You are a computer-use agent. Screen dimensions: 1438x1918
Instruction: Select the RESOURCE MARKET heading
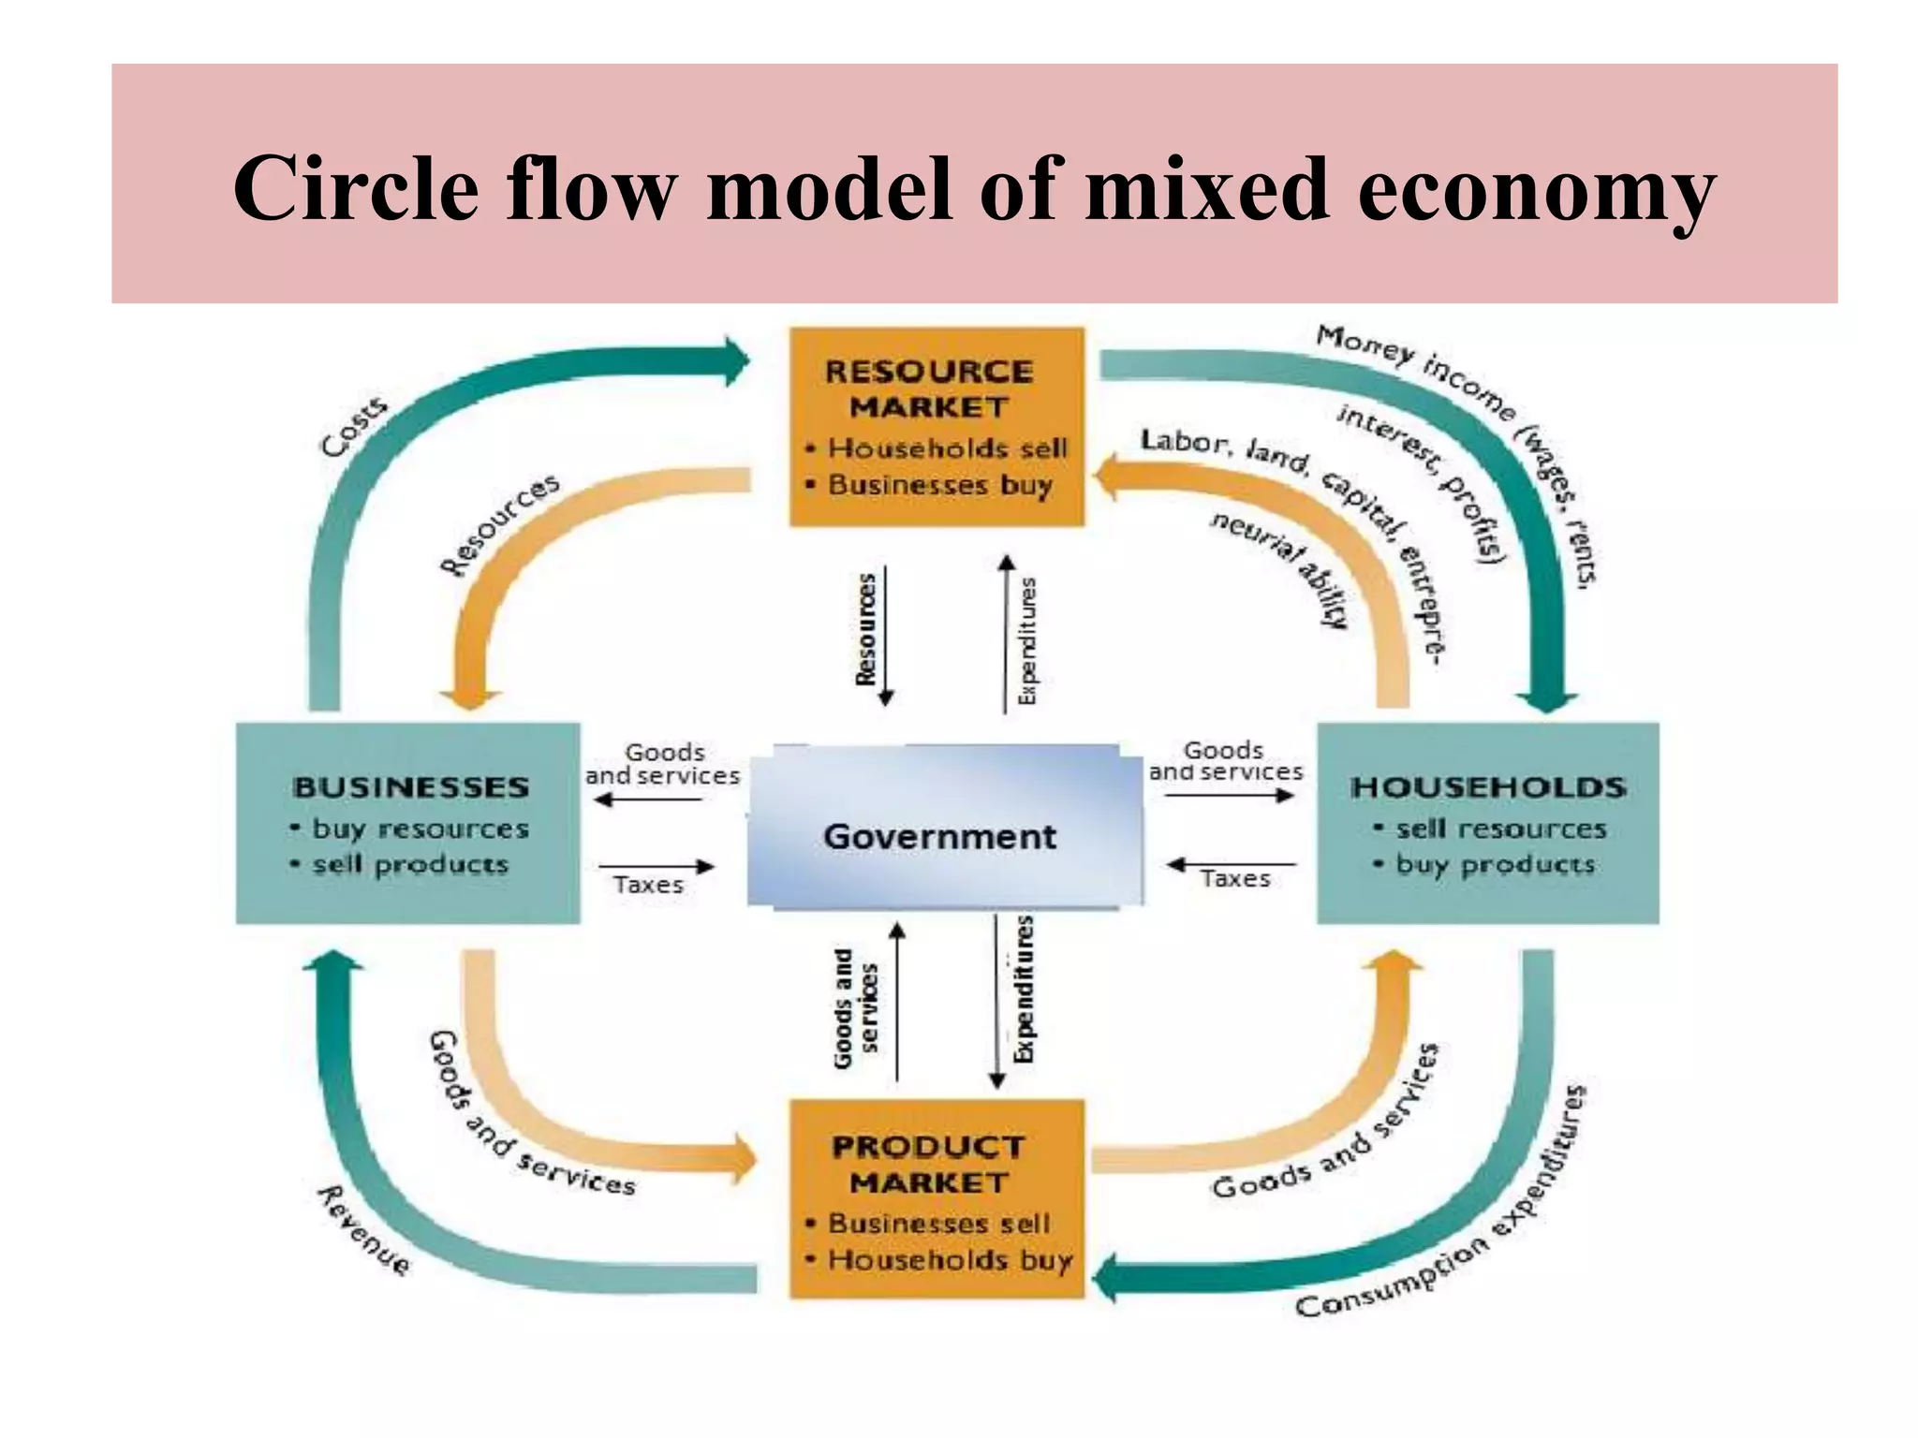pos(929,389)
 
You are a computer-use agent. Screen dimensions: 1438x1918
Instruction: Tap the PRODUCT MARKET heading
pos(929,1164)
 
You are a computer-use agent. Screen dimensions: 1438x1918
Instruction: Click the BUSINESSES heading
pos(411,787)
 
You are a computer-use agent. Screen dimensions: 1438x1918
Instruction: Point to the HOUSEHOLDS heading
pos(1488,787)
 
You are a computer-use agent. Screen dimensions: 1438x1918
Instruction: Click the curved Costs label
pos(354,427)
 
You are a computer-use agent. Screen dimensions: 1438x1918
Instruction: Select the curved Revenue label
pos(364,1229)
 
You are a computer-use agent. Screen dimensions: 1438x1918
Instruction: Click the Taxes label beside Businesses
pos(648,885)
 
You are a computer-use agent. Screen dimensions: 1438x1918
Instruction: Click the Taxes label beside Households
pos(1235,878)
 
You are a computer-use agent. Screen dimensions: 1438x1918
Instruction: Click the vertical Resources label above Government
pos(866,629)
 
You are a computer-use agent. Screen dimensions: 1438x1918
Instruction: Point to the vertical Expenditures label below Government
pos(1025,990)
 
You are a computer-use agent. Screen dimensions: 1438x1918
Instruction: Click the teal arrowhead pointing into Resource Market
pos(738,361)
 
